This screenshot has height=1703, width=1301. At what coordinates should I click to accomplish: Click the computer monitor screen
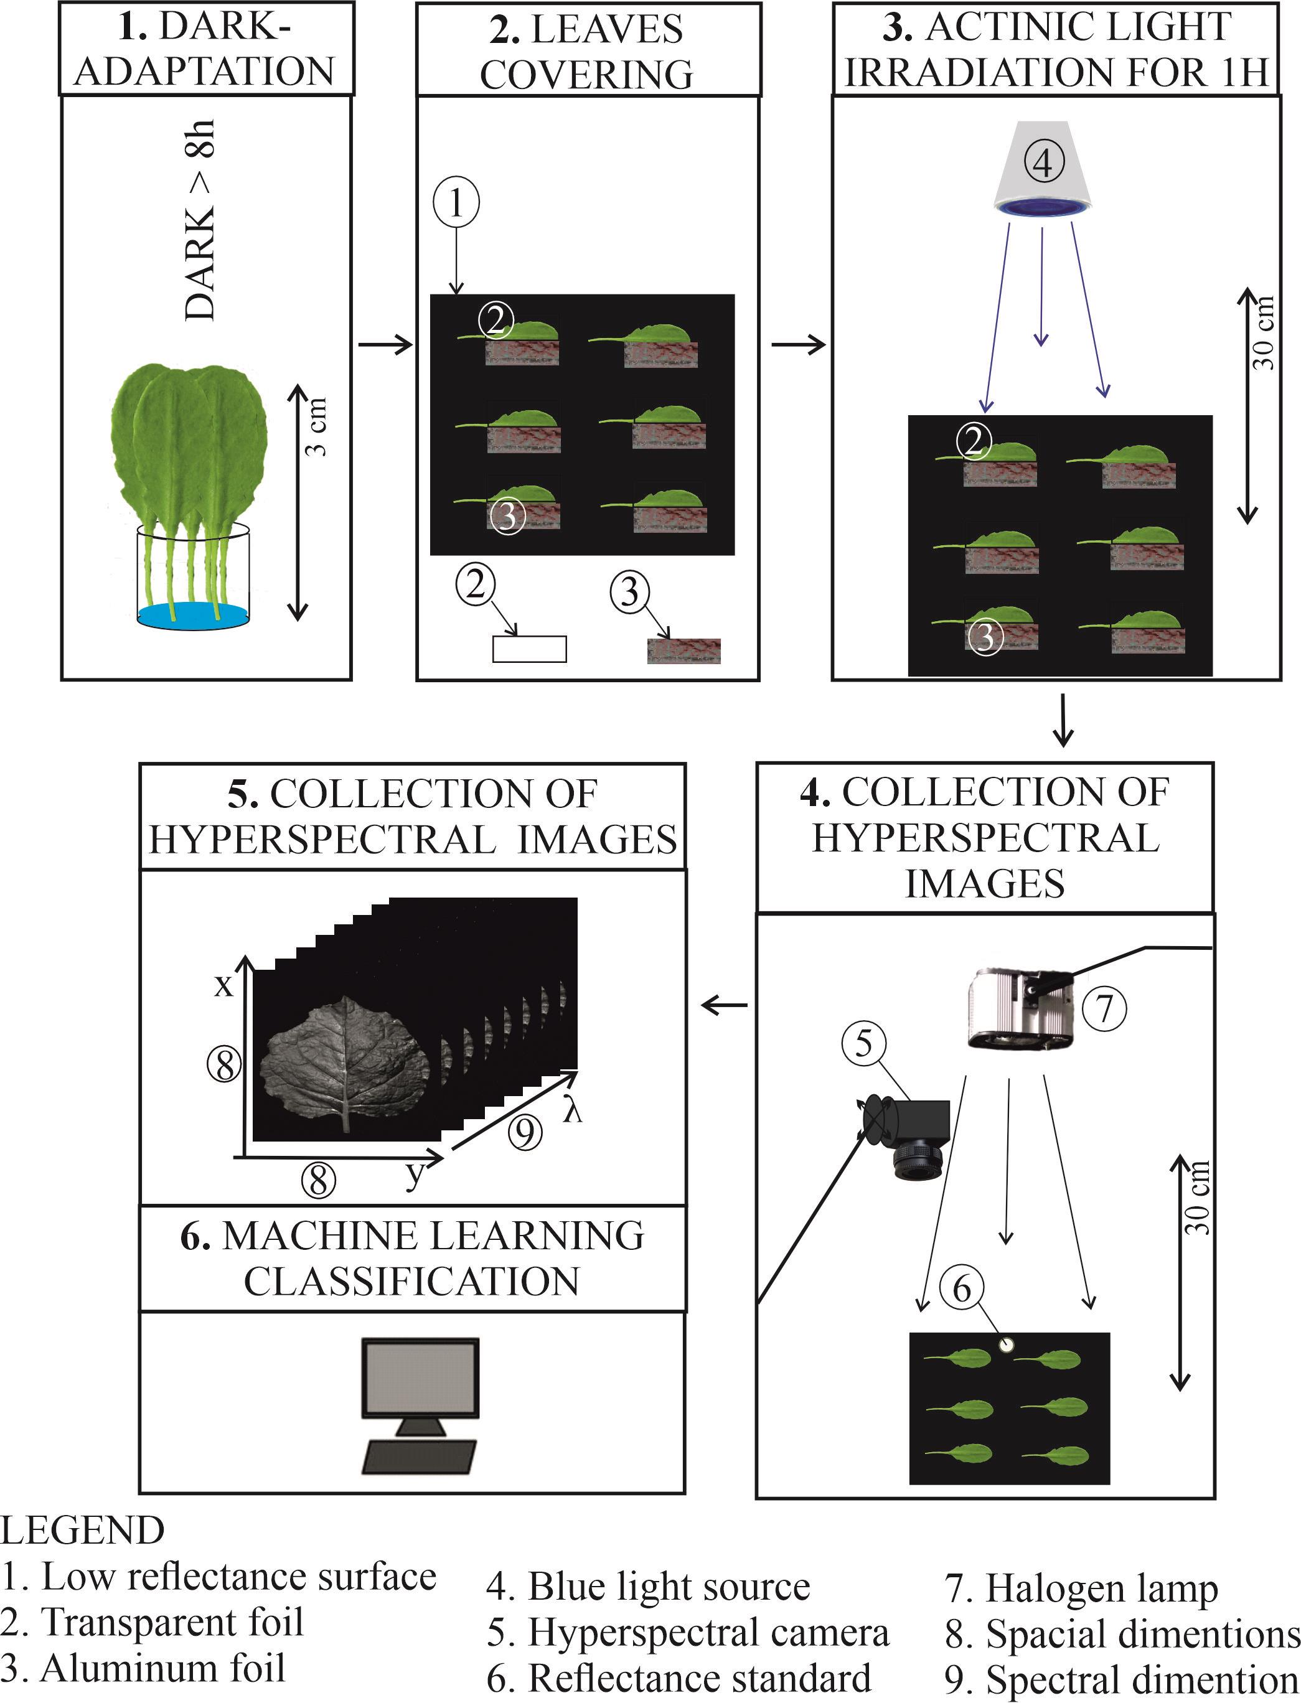(x=421, y=1377)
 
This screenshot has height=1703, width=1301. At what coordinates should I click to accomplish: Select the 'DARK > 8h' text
(x=200, y=221)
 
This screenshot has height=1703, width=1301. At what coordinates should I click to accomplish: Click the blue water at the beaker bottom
(x=193, y=616)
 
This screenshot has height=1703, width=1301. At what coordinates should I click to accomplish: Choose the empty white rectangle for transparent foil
(x=530, y=649)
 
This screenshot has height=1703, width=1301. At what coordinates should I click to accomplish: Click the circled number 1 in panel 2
(x=456, y=203)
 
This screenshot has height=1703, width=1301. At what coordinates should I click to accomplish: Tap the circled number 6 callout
(x=961, y=1288)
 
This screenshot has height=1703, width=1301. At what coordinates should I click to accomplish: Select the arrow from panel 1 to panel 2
(x=385, y=345)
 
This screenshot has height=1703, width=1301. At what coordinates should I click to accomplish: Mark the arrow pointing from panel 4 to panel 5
(x=723, y=1006)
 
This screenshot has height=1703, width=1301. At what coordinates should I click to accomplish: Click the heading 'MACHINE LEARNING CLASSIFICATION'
(x=412, y=1258)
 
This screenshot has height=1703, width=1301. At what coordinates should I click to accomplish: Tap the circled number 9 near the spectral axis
(x=525, y=1132)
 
